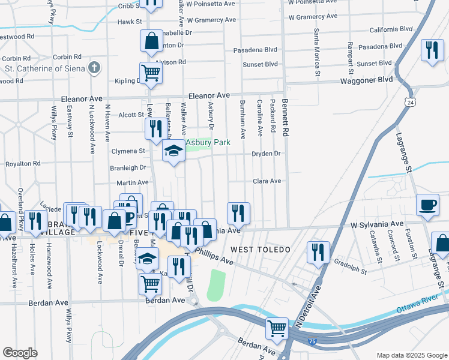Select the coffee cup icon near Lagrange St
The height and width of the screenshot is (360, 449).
[x=428, y=205]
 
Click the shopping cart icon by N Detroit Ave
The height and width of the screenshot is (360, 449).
[x=277, y=328]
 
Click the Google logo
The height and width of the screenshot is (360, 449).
[x=20, y=353]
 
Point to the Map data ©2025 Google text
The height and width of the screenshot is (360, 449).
[x=412, y=355]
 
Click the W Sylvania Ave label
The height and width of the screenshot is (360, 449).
[x=378, y=224]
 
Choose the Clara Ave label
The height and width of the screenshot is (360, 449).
[x=267, y=181]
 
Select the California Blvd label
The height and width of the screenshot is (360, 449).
[x=391, y=29]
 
